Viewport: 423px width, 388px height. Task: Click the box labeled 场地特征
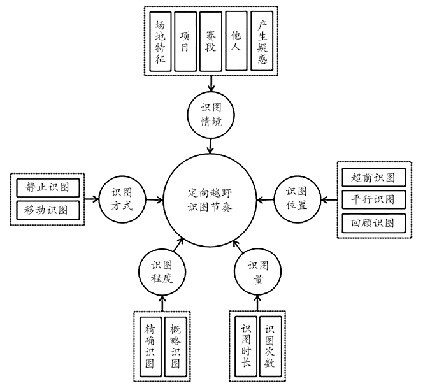click(x=161, y=41)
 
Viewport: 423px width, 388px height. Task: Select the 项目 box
click(x=185, y=41)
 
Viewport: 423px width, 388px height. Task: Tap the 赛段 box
click(x=210, y=41)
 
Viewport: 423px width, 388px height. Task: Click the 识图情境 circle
click(x=211, y=115)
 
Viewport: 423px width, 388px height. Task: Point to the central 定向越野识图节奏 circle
click(x=210, y=200)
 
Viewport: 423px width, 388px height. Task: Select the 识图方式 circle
click(x=122, y=200)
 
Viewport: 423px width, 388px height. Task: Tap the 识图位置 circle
click(x=298, y=199)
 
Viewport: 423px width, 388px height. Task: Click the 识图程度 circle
click(x=162, y=272)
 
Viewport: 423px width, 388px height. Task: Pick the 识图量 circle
click(x=257, y=272)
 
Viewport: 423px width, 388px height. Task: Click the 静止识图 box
click(x=48, y=188)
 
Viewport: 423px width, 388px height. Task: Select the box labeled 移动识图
click(x=48, y=210)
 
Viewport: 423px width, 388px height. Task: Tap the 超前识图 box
click(x=374, y=178)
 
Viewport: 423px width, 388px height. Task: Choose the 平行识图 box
click(x=374, y=199)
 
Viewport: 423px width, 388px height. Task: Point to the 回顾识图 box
click(x=374, y=223)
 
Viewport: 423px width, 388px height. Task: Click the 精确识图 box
click(x=150, y=347)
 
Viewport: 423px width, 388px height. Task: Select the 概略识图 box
click(x=175, y=347)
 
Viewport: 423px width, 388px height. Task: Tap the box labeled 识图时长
click(x=246, y=347)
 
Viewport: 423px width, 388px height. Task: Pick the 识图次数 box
click(x=270, y=347)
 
